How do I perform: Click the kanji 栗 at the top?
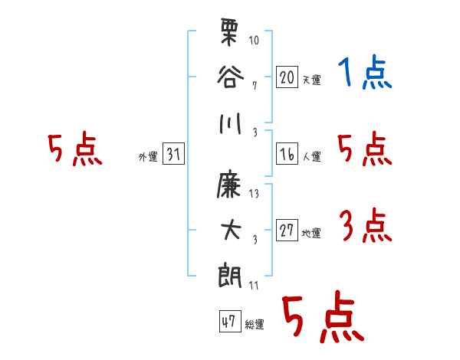(x=228, y=32)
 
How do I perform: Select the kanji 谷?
(x=230, y=77)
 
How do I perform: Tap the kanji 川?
(x=230, y=123)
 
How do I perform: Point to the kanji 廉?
(x=229, y=184)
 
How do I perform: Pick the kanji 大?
(x=231, y=230)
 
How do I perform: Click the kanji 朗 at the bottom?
(x=230, y=275)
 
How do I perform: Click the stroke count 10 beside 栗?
(x=254, y=40)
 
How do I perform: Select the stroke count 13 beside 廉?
(x=254, y=194)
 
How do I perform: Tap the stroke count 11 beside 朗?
(x=254, y=285)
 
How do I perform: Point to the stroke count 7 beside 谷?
(x=255, y=86)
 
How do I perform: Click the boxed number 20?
(x=287, y=77)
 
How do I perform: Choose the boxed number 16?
(x=287, y=154)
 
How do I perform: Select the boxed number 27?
(x=287, y=230)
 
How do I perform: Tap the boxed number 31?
(x=173, y=154)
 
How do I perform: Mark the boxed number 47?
(x=230, y=321)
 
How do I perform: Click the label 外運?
(x=148, y=157)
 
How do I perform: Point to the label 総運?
(x=255, y=325)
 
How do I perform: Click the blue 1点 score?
(x=365, y=72)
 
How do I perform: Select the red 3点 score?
(x=366, y=225)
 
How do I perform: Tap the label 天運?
(x=312, y=80)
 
